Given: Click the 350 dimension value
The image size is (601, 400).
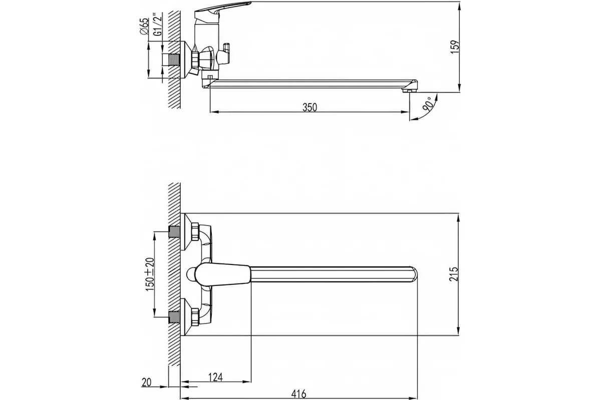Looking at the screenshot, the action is [x=310, y=107].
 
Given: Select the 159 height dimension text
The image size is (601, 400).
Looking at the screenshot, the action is [x=455, y=47].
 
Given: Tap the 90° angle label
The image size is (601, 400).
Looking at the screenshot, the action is [x=428, y=104].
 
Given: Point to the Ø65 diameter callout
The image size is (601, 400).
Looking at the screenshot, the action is [x=144, y=26].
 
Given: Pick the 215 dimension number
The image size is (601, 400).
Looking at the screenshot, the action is [x=454, y=274].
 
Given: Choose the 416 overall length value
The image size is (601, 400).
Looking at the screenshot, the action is [x=298, y=394].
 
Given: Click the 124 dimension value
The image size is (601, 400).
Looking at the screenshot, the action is [x=216, y=377].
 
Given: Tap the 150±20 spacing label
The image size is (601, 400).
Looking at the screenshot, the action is [x=150, y=274].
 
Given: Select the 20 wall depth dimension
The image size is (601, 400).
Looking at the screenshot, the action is [x=146, y=382].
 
